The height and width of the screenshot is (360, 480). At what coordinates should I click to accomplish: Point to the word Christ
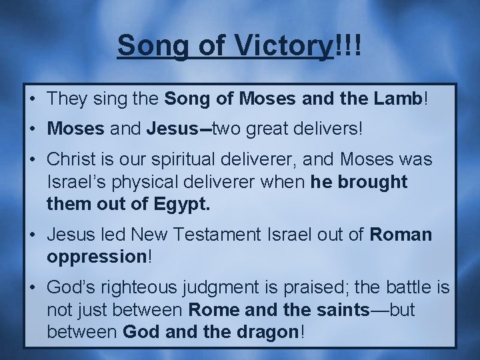coord(71,159)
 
